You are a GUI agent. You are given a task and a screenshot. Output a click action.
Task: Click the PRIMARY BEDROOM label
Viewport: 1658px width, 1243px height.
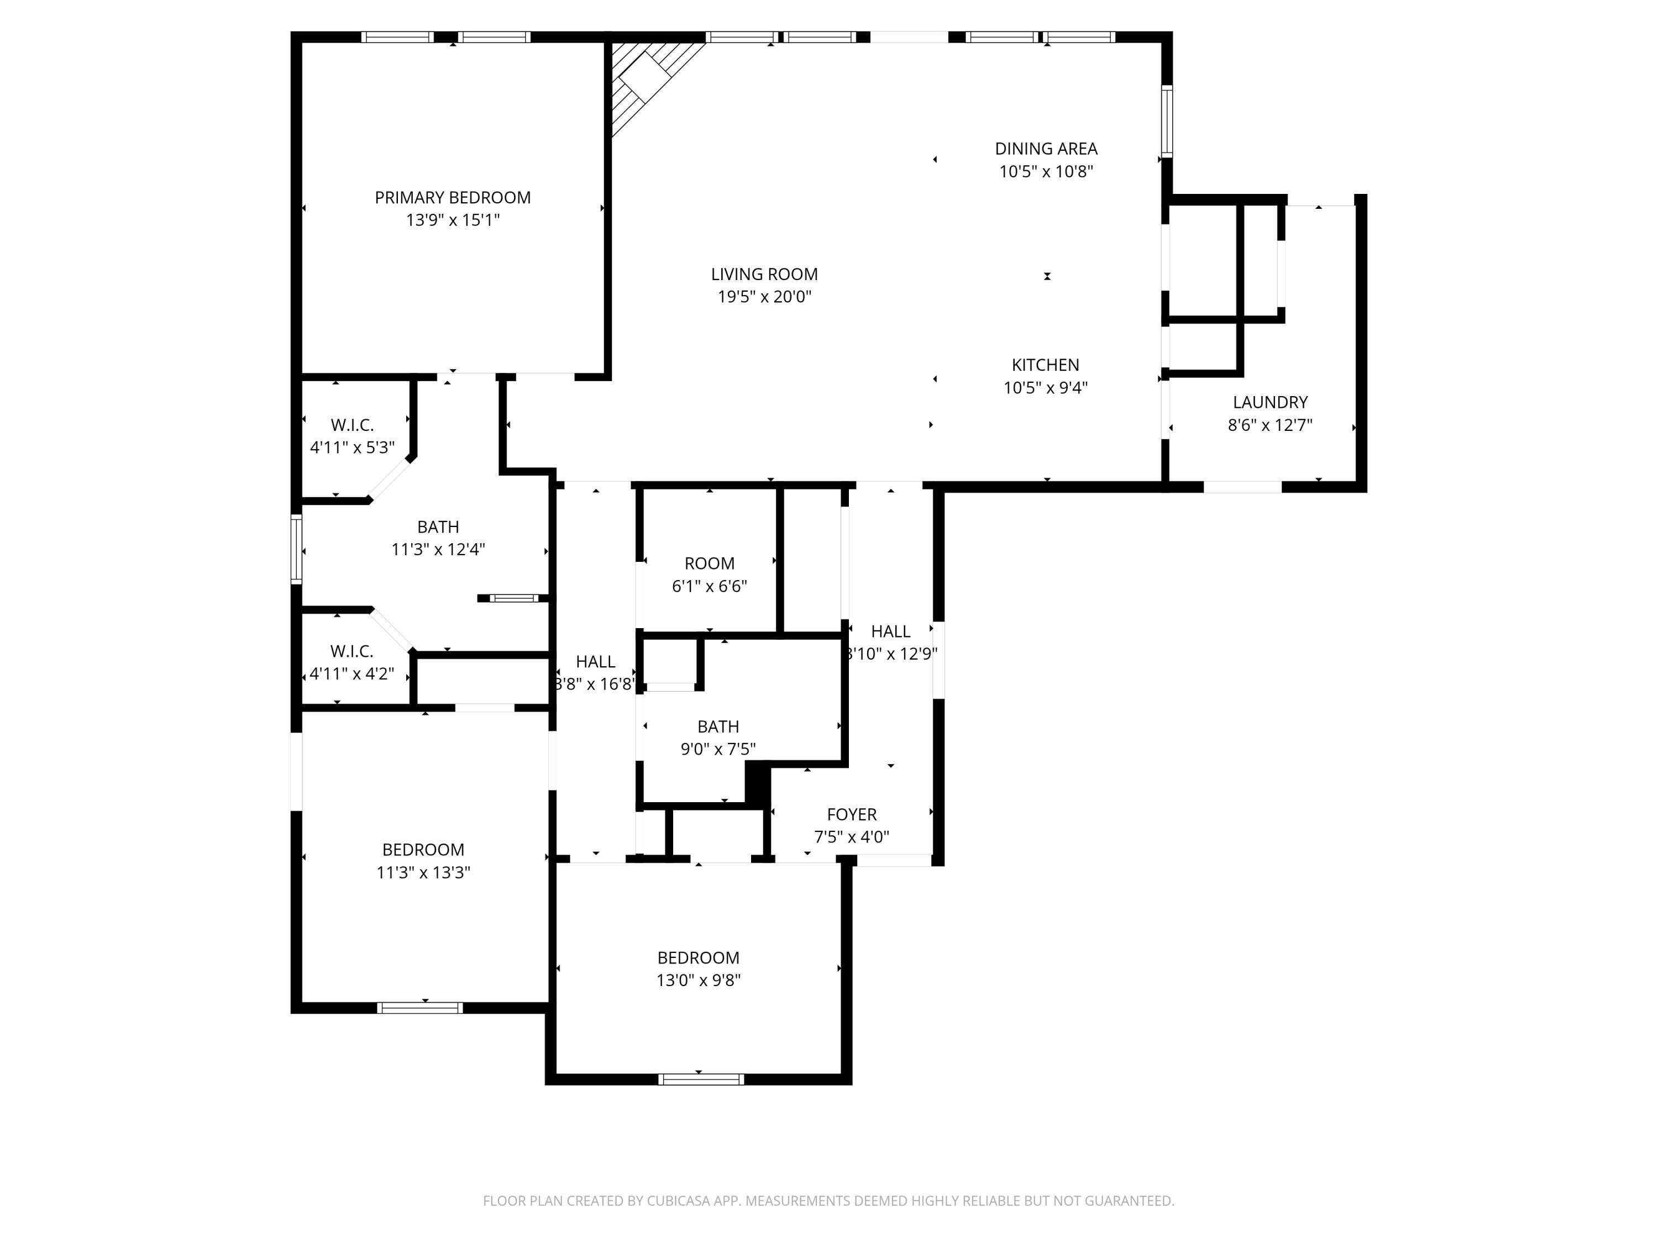point(452,198)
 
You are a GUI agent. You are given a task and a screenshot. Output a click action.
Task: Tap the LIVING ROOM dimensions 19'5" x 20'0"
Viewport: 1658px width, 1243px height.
point(764,297)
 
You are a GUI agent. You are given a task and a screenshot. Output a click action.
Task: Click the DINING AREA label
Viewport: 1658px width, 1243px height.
point(1046,149)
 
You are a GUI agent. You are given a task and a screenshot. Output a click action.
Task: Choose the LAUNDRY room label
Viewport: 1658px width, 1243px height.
point(1269,402)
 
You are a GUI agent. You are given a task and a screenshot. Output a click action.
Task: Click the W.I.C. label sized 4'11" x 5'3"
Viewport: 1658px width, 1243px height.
point(351,425)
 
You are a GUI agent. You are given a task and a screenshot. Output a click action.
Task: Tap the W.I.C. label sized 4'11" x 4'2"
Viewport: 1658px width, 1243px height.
point(351,651)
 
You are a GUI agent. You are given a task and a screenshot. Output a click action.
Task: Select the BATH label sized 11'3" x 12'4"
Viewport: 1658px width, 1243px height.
point(438,528)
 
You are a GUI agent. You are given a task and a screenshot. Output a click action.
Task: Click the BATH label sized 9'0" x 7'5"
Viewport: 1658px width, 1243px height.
point(717,727)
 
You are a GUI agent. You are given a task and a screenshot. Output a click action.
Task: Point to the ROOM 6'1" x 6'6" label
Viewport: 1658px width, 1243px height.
point(709,563)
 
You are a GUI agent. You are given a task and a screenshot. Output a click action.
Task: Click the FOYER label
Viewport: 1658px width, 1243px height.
point(852,814)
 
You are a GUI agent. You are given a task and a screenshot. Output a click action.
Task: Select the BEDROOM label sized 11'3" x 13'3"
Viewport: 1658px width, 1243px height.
point(423,850)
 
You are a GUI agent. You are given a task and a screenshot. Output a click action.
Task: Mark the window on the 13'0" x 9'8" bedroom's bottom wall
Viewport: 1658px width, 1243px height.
point(701,1079)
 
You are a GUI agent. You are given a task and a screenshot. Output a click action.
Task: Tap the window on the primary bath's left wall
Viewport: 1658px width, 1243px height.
point(296,549)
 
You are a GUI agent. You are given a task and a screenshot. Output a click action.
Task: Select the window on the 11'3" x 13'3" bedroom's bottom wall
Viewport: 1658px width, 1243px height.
point(419,1008)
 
